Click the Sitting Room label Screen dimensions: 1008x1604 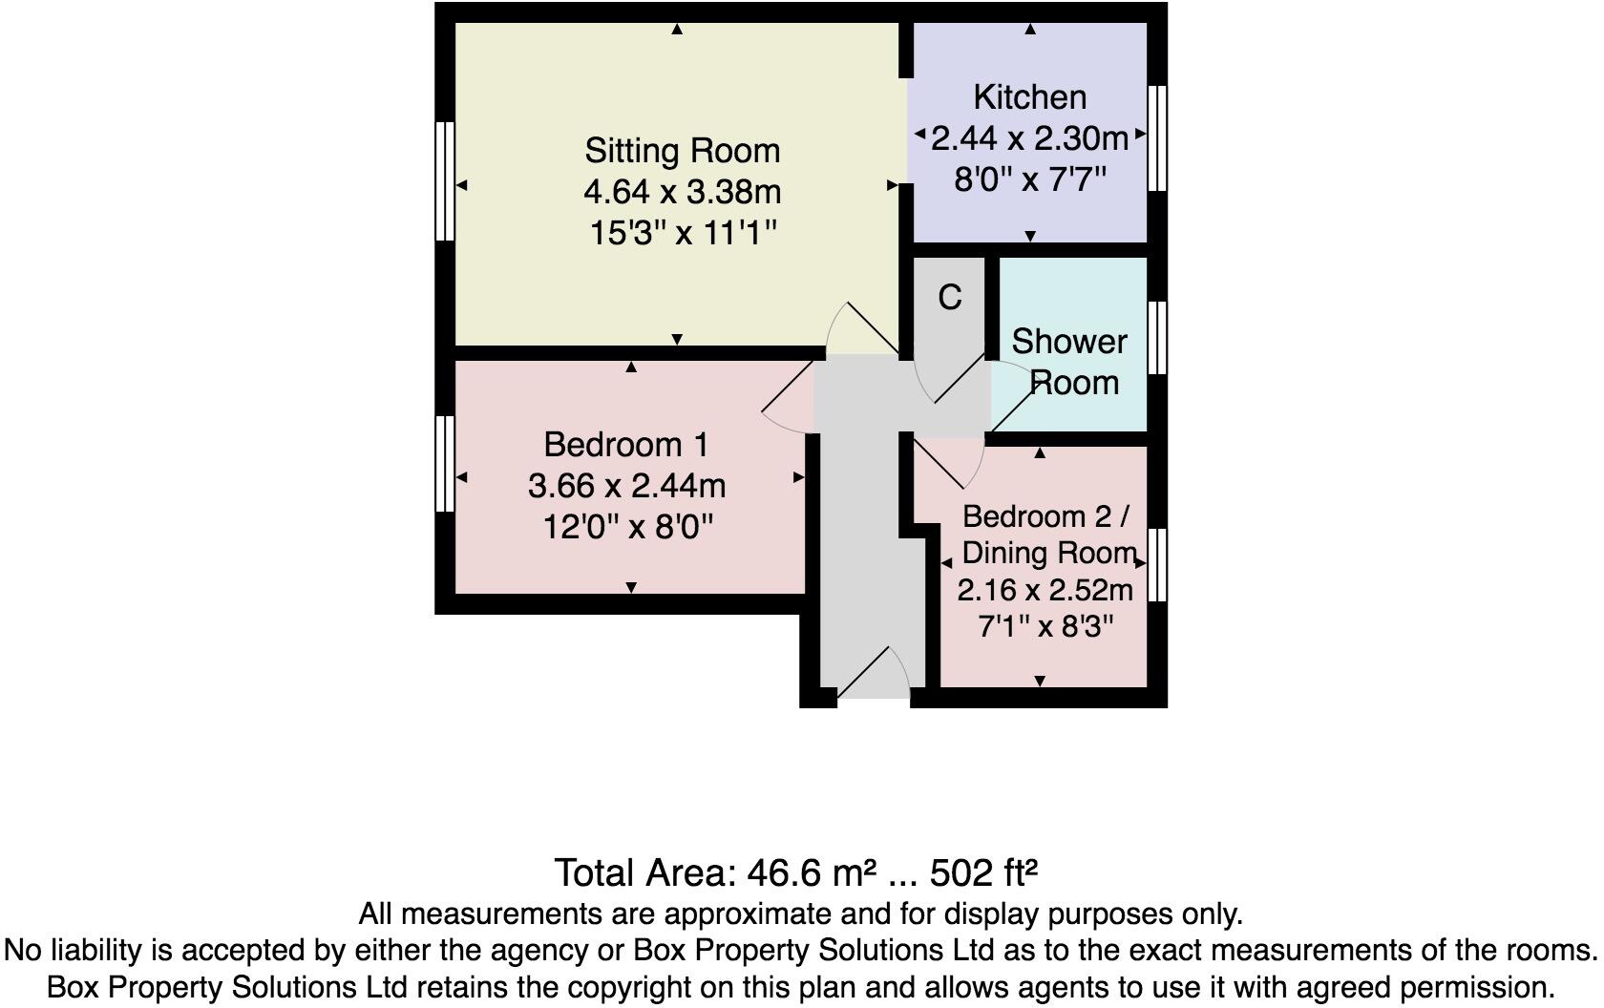click(x=682, y=151)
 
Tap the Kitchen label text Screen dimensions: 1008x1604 click(x=1029, y=96)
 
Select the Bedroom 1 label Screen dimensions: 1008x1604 click(x=625, y=445)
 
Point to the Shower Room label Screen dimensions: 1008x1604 click(x=1068, y=362)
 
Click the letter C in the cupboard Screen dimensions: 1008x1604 click(x=949, y=298)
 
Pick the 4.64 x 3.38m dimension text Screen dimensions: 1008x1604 click(x=682, y=192)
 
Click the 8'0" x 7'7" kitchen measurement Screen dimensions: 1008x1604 click(x=1029, y=179)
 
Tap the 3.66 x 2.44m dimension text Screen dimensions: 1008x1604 click(x=626, y=486)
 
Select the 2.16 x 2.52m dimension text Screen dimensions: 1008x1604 click(x=1045, y=590)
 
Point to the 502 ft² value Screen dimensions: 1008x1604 click(x=983, y=872)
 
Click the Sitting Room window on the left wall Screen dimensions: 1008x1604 click(x=445, y=180)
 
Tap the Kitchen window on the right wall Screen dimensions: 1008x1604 click(x=1157, y=138)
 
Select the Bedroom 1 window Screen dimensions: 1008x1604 click(x=445, y=463)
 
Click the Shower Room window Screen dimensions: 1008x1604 click(x=1157, y=338)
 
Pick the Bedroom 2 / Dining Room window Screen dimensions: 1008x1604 click(x=1157, y=565)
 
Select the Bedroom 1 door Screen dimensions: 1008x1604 click(x=789, y=406)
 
